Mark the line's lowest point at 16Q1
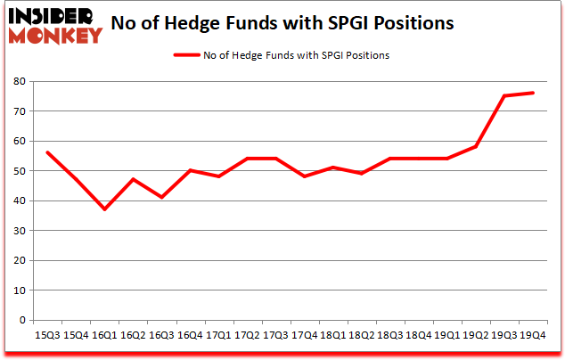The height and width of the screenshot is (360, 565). (104, 209)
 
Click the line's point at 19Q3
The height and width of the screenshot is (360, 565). (505, 96)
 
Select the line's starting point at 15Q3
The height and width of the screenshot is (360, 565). (46, 152)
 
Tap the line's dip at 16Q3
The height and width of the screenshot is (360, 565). (161, 197)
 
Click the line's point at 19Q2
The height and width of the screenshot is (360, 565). (477, 147)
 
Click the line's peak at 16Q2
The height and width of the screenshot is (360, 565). (133, 179)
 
